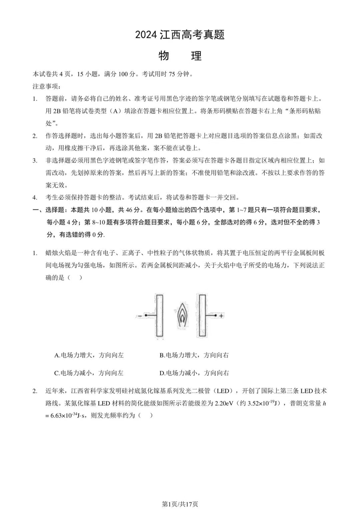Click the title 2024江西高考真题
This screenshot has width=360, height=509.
pos(180,35)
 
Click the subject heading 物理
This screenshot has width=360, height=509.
pos(180,56)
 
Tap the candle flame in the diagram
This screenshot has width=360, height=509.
pos(182,315)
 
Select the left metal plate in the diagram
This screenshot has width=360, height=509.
pos(159,315)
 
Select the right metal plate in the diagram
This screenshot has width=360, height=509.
pos(202,315)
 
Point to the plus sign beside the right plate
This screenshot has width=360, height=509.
pos(221,316)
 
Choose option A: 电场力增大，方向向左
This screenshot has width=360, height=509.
pos(89,355)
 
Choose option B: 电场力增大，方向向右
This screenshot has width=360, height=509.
pos(194,355)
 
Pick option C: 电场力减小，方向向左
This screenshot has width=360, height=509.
pos(89,373)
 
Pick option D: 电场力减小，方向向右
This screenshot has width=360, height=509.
pos(194,373)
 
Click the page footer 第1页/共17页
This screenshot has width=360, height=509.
pos(180,504)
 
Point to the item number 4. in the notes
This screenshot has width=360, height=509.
pos(35,197)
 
